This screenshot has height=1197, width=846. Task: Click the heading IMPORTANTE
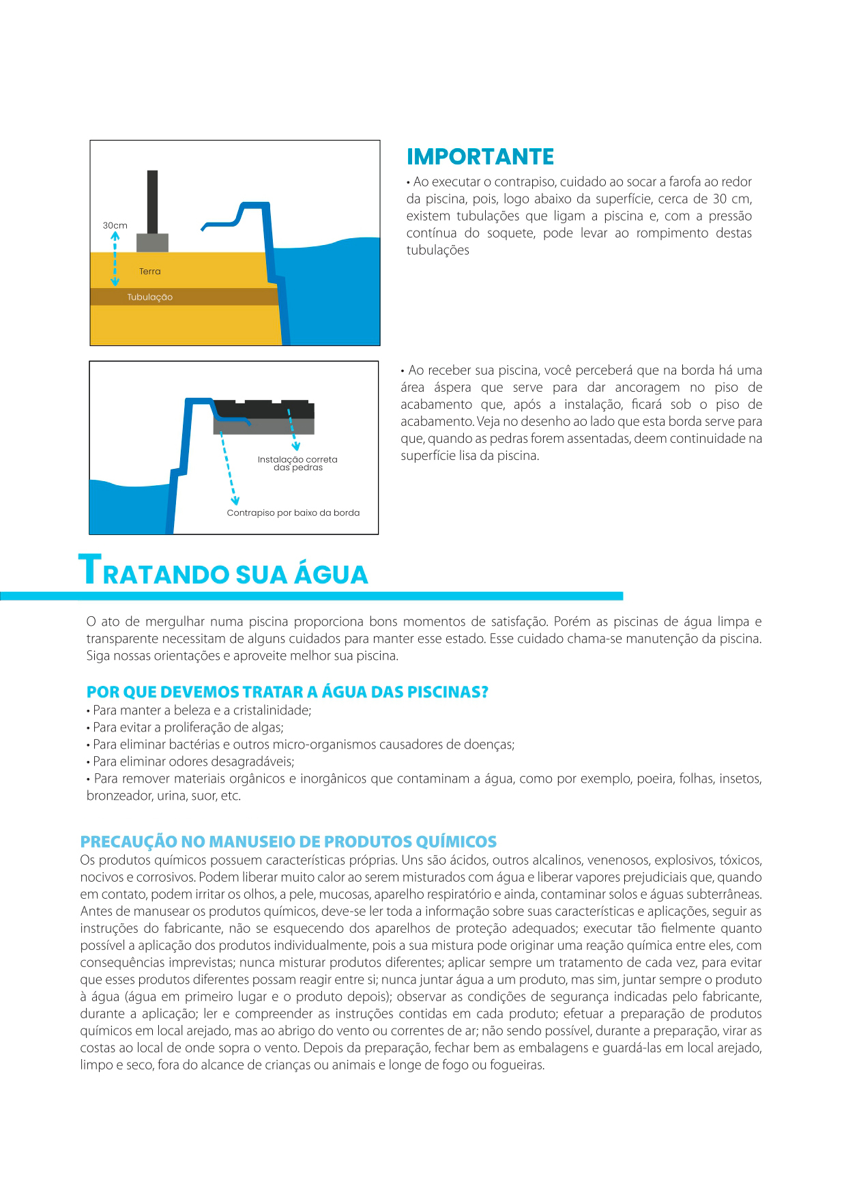[x=480, y=157]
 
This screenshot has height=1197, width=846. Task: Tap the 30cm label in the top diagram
[x=115, y=225]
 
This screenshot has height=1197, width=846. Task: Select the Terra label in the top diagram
[x=149, y=272]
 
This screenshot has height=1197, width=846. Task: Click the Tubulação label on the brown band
[x=149, y=298]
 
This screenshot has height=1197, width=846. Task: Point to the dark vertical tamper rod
[x=152, y=201]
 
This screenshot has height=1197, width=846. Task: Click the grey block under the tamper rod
[x=152, y=242]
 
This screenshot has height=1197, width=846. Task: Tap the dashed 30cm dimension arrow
[x=115, y=259]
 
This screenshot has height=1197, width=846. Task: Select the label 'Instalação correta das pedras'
[x=297, y=463]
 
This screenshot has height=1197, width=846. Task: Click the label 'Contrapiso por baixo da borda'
[x=293, y=513]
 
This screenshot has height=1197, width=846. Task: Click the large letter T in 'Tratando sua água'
[x=89, y=570]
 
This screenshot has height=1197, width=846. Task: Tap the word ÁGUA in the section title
[x=331, y=575]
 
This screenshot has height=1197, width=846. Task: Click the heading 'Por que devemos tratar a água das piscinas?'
[x=287, y=692]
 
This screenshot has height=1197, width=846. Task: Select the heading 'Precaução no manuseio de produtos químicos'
[x=288, y=841]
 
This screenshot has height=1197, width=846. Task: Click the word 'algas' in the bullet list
[x=267, y=727]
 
